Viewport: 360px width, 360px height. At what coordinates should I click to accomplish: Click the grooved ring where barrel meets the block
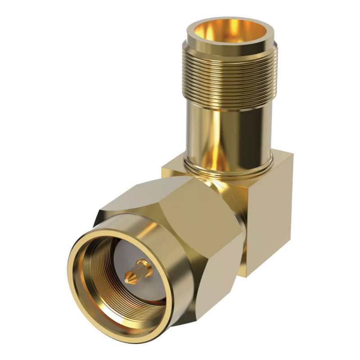point(229,169)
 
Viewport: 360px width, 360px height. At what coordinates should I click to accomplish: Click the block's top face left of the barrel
point(175,169)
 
